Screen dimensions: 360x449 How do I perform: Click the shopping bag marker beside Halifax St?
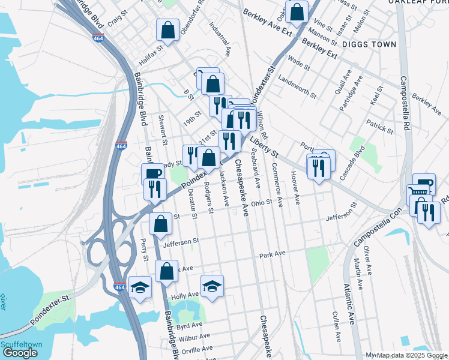point(168,29)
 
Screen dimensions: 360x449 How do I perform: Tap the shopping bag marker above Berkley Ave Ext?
point(297,11)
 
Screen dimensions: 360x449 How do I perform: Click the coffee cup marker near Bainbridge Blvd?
point(152,174)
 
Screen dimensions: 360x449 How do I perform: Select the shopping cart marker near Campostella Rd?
point(420,193)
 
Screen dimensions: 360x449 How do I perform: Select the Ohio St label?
point(262,203)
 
